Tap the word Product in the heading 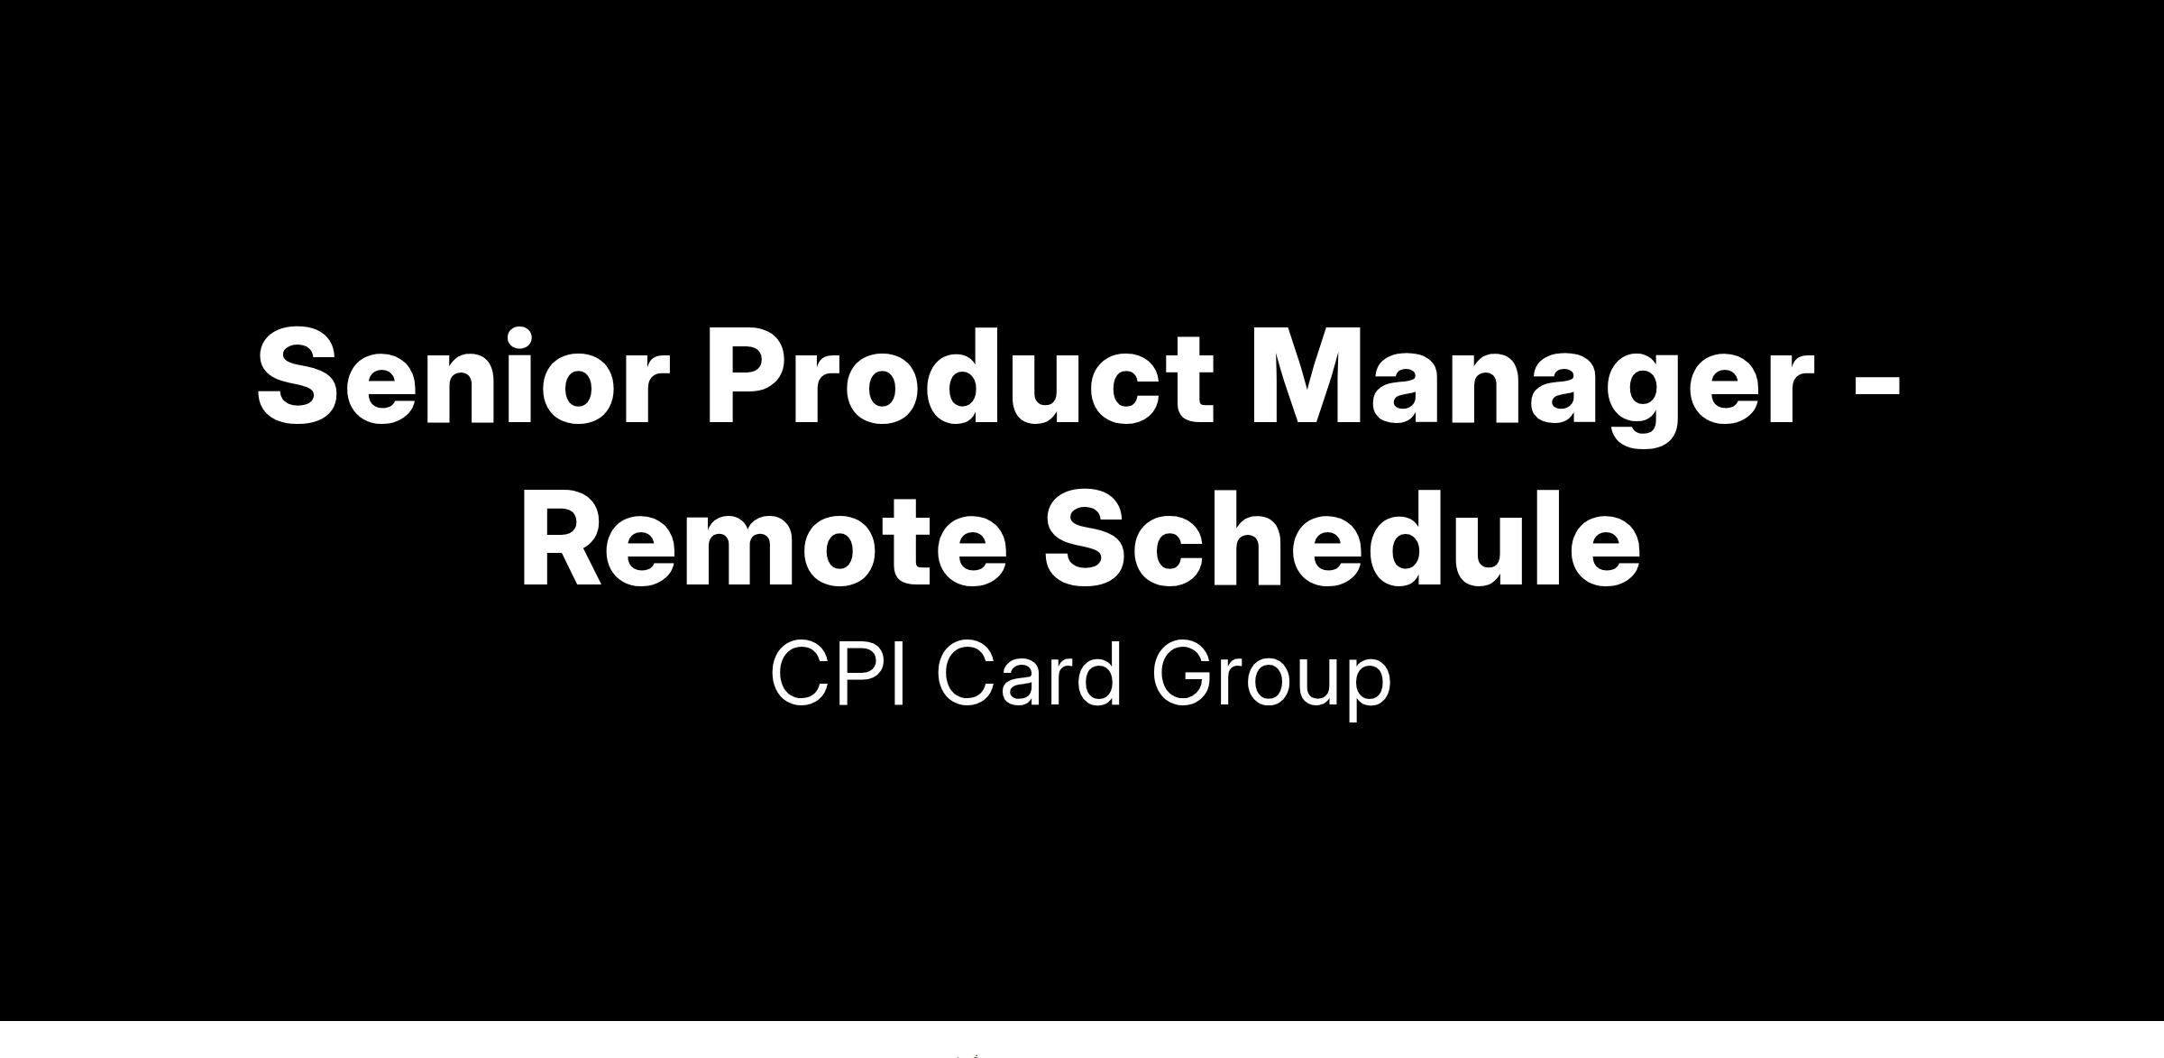tap(960, 375)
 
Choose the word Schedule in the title tap(1342, 538)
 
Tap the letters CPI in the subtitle tap(838, 672)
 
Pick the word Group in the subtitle tap(1271, 679)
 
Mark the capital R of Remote tap(565, 539)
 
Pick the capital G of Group tap(1185, 672)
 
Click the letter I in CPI tap(900, 672)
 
